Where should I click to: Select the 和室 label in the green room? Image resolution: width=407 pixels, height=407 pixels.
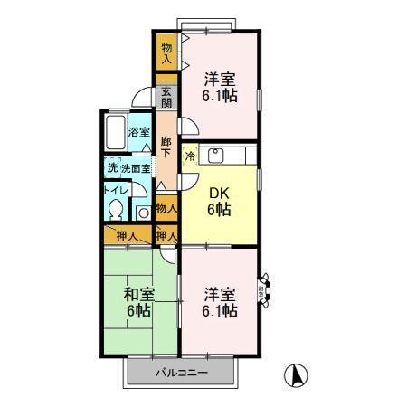tap(138, 294)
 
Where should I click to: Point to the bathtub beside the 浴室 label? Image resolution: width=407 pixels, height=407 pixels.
tap(114, 135)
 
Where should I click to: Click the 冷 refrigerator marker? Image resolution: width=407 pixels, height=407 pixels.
tap(191, 156)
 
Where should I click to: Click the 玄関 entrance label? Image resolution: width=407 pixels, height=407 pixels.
tap(166, 96)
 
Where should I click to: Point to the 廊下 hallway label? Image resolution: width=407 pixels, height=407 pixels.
tap(166, 147)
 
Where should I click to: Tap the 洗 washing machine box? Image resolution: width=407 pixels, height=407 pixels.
tap(111, 167)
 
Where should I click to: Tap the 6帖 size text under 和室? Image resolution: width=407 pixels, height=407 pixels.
tap(138, 311)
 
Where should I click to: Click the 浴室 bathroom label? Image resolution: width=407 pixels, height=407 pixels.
tap(138, 132)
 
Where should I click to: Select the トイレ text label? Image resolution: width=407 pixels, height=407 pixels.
tap(114, 189)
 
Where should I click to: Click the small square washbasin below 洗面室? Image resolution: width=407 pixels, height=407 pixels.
tap(143, 213)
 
